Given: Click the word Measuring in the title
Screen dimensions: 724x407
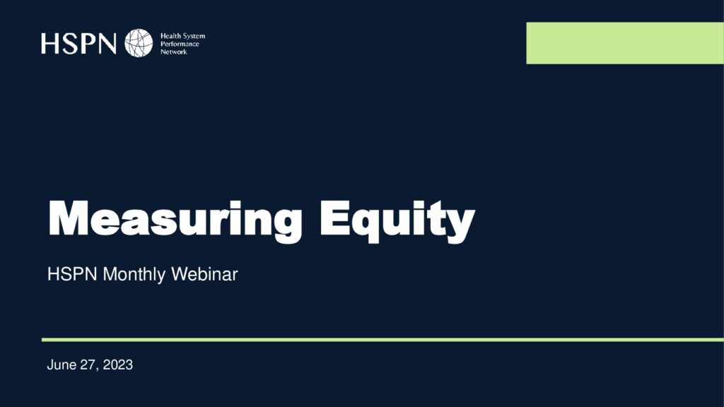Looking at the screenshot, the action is (x=175, y=220).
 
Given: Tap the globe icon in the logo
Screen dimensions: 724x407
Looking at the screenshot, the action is (x=139, y=43).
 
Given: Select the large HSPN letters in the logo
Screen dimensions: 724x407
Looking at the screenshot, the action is (x=78, y=43).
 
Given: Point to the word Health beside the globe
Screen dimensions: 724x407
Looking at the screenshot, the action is (x=170, y=36).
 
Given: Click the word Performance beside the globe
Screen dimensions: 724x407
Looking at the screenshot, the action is (x=180, y=44).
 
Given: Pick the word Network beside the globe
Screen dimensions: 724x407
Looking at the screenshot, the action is (x=174, y=52).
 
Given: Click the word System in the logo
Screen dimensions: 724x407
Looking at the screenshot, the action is (x=193, y=36).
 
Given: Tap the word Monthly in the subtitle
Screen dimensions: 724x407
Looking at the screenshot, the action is (x=134, y=275).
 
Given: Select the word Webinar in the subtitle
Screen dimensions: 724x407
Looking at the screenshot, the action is (x=204, y=274).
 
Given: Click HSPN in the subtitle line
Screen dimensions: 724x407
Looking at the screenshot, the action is (x=72, y=274).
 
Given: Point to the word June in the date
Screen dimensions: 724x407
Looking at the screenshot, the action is (x=62, y=365).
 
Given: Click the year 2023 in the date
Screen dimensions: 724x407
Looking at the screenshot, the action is (x=118, y=365).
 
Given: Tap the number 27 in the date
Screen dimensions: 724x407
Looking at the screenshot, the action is (x=88, y=365).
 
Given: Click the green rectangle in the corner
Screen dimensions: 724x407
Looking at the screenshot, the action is (x=625, y=43).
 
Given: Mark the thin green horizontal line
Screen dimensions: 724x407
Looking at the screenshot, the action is (x=383, y=340).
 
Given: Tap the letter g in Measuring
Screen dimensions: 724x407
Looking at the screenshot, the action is (x=286, y=225).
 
